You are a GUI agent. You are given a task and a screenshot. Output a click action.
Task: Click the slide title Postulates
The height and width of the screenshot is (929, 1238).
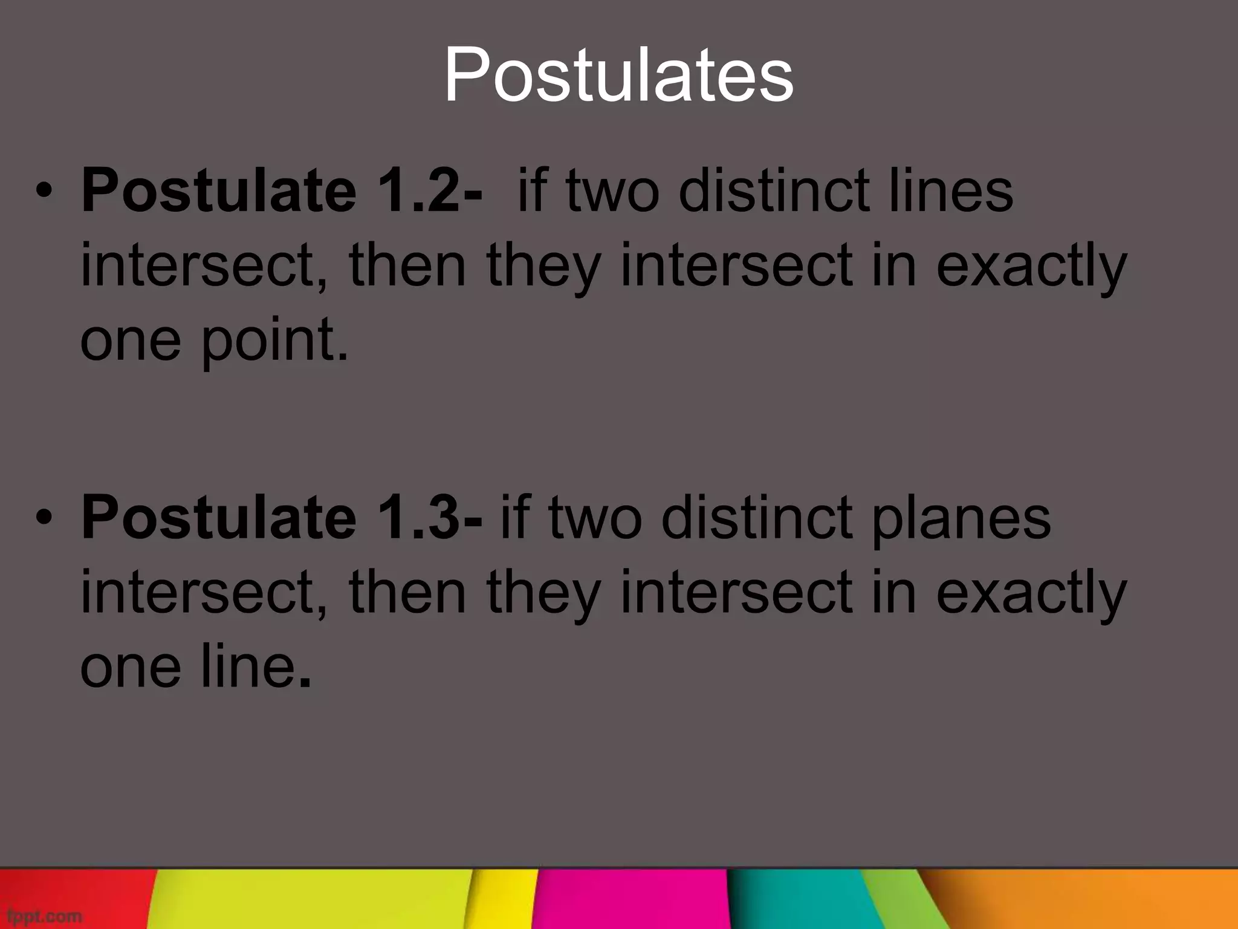pyautogui.click(x=618, y=76)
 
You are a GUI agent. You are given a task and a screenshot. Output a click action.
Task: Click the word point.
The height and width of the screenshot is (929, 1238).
pyautogui.click(x=275, y=341)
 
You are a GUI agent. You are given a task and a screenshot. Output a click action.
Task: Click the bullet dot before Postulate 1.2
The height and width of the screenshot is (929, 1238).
pyautogui.click(x=44, y=191)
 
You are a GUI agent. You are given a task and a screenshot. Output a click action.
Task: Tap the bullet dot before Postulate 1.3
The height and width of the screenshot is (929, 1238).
pyautogui.click(x=44, y=518)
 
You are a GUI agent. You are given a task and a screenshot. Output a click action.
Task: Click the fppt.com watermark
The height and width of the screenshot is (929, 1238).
pyautogui.click(x=41, y=916)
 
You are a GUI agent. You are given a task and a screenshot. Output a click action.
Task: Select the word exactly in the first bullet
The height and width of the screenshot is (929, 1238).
pyautogui.click(x=1031, y=267)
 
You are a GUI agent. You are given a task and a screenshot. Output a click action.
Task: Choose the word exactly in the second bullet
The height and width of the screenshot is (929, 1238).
pyautogui.click(x=1031, y=593)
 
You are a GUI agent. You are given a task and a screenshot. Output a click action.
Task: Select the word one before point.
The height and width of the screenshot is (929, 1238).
pyautogui.click(x=131, y=341)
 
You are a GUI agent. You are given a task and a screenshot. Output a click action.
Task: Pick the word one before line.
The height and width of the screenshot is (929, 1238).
pyautogui.click(x=131, y=667)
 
